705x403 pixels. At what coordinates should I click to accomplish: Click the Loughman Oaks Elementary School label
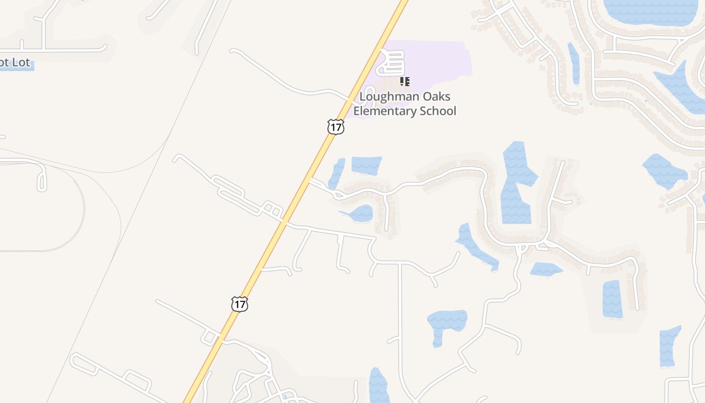pyautogui.click(x=405, y=104)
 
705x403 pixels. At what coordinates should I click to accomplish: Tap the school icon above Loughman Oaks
pyautogui.click(x=405, y=81)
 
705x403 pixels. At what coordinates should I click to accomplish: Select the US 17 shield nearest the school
pyautogui.click(x=335, y=126)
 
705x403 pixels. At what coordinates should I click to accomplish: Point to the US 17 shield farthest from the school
pyautogui.click(x=240, y=304)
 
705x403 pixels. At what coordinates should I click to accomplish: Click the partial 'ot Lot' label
pyautogui.click(x=15, y=63)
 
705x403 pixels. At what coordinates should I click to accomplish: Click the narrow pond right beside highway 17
pyautogui.click(x=336, y=173)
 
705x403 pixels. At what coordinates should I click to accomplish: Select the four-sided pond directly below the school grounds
pyautogui.click(x=366, y=165)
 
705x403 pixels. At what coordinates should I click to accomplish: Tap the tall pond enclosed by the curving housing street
pyautogui.click(x=517, y=184)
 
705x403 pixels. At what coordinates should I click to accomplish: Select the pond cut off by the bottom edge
pyautogui.click(x=378, y=387)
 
